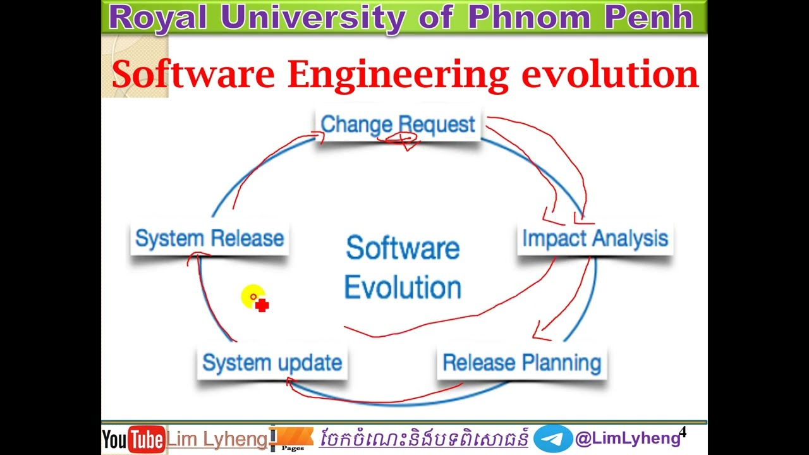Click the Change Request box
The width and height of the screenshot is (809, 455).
398,124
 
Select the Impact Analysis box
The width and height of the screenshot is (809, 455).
595,239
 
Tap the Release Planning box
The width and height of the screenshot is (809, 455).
521,363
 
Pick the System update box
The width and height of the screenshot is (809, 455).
272,363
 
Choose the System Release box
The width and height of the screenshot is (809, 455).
209,239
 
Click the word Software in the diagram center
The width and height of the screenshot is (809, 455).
403,248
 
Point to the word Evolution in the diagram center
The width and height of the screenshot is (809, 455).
403,288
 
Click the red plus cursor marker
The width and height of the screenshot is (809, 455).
262,306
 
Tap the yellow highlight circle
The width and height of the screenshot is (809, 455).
252,297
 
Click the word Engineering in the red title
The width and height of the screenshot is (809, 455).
398,75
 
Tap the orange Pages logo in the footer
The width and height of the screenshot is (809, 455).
293,438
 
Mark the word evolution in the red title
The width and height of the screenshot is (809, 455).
610,75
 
